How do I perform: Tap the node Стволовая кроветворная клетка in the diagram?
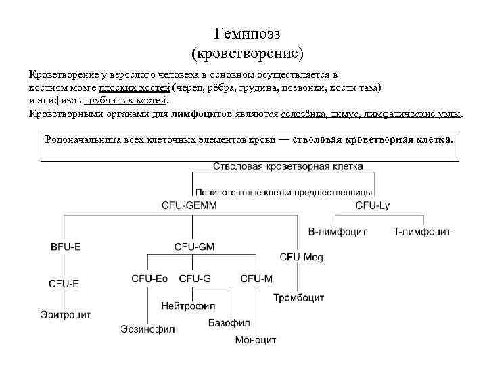click(287, 166)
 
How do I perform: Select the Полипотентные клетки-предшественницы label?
click(284, 192)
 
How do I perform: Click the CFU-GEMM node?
click(190, 204)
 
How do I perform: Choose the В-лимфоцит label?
click(337, 232)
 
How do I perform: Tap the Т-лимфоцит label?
click(421, 232)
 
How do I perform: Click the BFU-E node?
click(66, 247)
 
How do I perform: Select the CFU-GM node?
click(193, 247)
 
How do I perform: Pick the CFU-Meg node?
click(302, 257)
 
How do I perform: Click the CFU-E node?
click(64, 284)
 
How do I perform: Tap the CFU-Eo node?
click(149, 278)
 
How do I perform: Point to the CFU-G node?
click(195, 278)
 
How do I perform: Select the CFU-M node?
click(256, 278)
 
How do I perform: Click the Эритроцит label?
click(65, 315)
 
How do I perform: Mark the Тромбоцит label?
click(299, 297)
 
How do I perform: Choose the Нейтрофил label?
click(189, 306)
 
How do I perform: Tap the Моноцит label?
click(256, 340)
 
